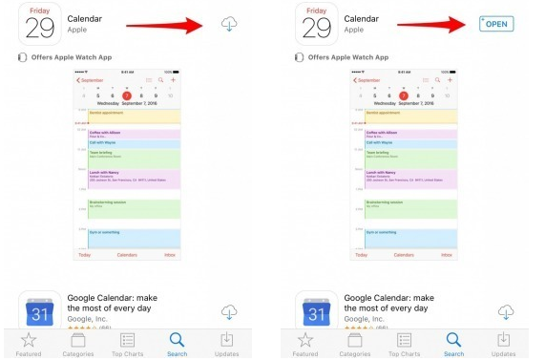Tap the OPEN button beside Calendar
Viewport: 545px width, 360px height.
pos(496,23)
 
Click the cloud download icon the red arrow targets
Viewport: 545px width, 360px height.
pos(228,24)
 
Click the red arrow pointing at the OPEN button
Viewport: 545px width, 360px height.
pos(434,25)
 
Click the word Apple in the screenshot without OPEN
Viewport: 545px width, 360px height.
pos(77,31)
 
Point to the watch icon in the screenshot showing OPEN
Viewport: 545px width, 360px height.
pos(299,57)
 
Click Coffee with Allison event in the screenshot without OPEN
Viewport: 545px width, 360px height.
pos(128,134)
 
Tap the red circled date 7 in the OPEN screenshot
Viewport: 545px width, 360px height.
pos(404,95)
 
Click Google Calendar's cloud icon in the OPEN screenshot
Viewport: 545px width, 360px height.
pos(505,311)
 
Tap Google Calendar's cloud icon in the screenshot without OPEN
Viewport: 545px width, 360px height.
pos(229,311)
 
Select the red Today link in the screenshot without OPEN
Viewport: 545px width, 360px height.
pos(85,255)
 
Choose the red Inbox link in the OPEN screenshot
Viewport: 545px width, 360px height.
pos(446,255)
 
